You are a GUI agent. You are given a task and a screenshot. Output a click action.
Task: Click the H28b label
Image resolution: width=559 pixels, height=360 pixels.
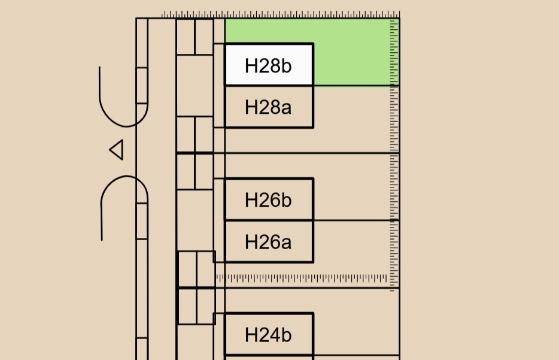[268, 65]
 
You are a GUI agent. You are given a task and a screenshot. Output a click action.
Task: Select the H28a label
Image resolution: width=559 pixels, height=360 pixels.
[268, 107]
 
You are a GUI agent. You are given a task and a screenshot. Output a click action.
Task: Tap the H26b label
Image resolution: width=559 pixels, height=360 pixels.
[268, 200]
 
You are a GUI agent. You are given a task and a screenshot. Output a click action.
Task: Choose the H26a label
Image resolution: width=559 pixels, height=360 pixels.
[268, 242]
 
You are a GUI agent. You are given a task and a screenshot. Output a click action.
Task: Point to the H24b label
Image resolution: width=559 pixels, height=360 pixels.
[268, 335]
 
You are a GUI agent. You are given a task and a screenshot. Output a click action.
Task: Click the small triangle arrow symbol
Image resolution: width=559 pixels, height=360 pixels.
[117, 150]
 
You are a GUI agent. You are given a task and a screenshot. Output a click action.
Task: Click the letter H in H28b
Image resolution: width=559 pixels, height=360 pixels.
[251, 65]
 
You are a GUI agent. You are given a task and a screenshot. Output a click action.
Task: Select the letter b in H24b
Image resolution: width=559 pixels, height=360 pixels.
[287, 335]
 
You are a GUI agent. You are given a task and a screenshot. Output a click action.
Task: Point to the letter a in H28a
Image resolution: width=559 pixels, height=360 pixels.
[287, 108]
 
